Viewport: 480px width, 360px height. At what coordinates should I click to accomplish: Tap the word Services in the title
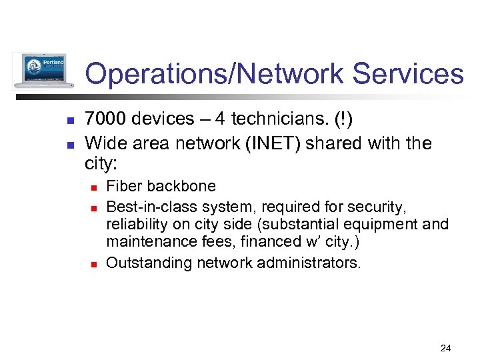click(407, 74)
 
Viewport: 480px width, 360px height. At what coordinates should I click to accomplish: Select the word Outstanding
click(147, 263)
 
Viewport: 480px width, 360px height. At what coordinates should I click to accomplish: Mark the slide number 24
click(446, 348)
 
